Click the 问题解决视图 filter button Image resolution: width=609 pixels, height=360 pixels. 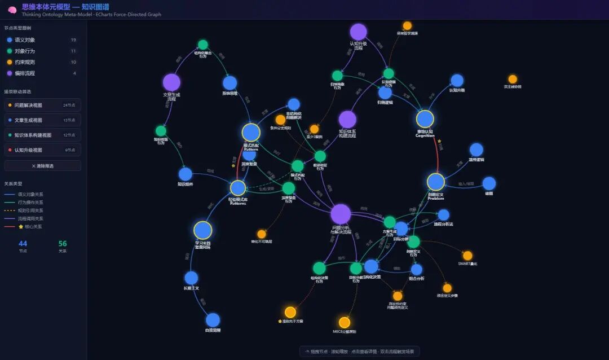42,105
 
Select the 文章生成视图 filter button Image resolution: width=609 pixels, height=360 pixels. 42,120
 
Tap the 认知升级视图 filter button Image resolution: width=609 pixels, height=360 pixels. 42,150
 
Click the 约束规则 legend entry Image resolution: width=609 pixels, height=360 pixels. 25,62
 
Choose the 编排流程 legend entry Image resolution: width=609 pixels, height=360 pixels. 25,73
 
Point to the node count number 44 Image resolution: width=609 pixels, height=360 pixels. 23,243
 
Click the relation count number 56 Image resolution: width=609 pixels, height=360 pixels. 63,243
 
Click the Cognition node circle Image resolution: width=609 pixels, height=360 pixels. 425,119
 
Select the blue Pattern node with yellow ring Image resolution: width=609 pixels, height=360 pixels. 251,133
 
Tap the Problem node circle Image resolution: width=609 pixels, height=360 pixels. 436,182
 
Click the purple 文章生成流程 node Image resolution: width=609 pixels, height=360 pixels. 171,82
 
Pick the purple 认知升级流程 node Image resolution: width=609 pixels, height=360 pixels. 359,32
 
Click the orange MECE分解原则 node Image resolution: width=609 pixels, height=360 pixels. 345,323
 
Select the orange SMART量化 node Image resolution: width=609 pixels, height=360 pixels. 467,256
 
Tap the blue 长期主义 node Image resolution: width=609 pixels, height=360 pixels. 191,278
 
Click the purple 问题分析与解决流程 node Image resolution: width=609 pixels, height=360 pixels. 341,214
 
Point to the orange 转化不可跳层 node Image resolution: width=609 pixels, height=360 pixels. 262,234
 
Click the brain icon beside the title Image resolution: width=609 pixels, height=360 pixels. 12,10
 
